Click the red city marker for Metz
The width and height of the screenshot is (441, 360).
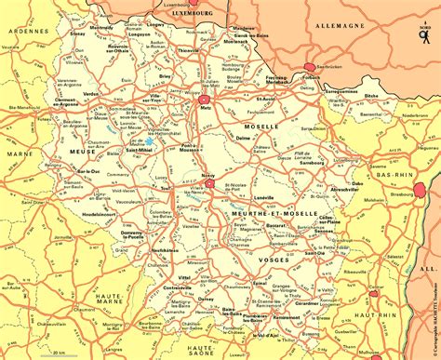(204, 98)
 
